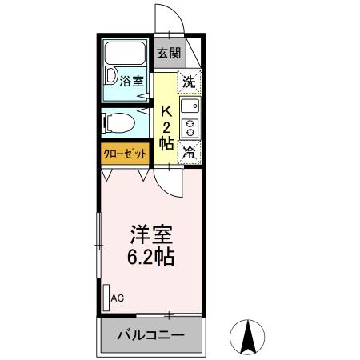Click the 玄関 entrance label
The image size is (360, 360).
click(x=168, y=54)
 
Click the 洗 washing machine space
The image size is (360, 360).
click(x=189, y=81)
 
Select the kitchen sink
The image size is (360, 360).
click(x=190, y=106)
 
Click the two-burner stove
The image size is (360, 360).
click(x=190, y=127)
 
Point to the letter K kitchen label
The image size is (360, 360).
click(x=167, y=111)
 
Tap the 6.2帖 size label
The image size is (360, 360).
click(x=152, y=258)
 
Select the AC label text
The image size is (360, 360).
click(x=118, y=299)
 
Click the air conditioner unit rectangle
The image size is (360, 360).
click(x=106, y=295)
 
